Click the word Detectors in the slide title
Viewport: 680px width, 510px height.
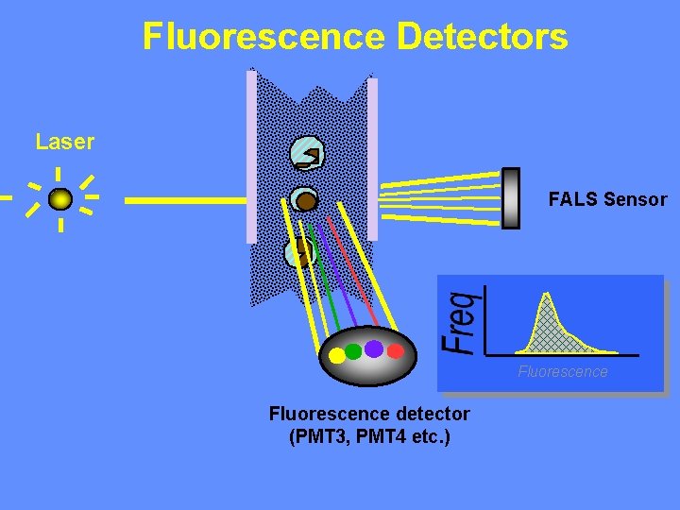pos(483,37)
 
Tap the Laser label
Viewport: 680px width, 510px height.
pos(65,143)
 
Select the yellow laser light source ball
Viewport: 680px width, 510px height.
pos(60,199)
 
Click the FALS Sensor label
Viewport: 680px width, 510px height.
pos(607,199)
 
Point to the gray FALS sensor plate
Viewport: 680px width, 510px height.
pos(510,197)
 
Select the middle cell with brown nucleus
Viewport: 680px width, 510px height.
pos(303,200)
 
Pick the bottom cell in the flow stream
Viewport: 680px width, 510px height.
pos(298,251)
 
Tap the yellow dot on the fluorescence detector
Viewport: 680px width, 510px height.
pos(335,357)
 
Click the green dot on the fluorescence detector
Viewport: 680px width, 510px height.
pos(353,351)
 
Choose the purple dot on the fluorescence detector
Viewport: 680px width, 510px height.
pos(374,348)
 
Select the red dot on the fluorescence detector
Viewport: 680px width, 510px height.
pos(396,351)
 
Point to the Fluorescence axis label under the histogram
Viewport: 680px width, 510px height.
pos(563,371)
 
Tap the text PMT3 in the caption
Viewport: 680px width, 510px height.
pos(322,436)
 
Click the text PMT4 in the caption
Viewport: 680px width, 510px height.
pos(383,436)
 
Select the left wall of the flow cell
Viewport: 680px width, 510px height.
pos(251,156)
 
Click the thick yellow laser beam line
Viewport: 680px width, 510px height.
pos(185,200)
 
